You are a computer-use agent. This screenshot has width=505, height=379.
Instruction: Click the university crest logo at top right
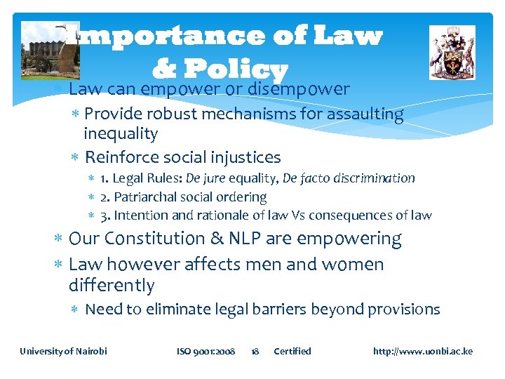pos(452,53)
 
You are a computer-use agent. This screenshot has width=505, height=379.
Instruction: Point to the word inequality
pos(121,133)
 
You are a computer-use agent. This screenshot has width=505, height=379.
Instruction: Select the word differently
pos(112,286)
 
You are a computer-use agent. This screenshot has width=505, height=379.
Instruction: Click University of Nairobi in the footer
pos(63,351)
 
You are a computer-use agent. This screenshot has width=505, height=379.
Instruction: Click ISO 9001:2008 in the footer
pos(206,351)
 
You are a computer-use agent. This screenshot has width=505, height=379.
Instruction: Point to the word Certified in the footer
pos(292,351)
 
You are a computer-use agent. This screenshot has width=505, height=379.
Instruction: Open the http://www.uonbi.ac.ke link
pos(423,351)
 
